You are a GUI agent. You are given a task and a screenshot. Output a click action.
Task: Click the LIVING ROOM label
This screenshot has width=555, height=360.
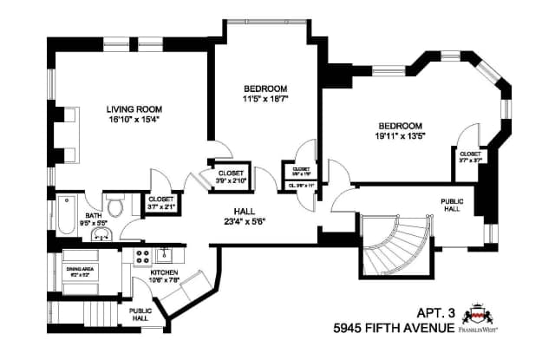tap(133, 109)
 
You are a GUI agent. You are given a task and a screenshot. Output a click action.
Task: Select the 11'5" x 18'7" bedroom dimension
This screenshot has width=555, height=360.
tap(264, 99)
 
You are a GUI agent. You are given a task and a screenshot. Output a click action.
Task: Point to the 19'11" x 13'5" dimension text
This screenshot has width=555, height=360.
tap(400, 135)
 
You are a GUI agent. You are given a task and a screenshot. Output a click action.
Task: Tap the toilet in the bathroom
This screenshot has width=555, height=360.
tap(113, 206)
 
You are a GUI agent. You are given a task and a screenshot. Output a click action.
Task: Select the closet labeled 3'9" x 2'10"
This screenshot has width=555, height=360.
tap(230, 177)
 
